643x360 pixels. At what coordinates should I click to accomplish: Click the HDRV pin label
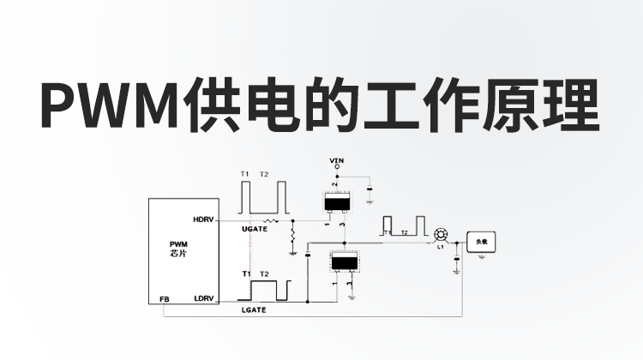pyautogui.click(x=202, y=219)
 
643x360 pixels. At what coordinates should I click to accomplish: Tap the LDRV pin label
pyautogui.click(x=203, y=298)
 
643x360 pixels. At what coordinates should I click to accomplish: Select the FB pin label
pyautogui.click(x=164, y=299)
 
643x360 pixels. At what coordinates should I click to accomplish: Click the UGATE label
pyautogui.click(x=255, y=230)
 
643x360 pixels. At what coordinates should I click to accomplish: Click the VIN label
pyautogui.click(x=336, y=160)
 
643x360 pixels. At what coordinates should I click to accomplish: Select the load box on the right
pyautogui.click(x=481, y=242)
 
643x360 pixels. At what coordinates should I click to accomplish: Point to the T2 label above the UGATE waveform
pyautogui.click(x=264, y=174)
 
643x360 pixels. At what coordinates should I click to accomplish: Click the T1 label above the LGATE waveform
pyautogui.click(x=246, y=273)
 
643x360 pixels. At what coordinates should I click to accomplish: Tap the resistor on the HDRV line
pyautogui.click(x=273, y=221)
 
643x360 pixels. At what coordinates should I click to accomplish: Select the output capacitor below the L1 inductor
pyautogui.click(x=457, y=268)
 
